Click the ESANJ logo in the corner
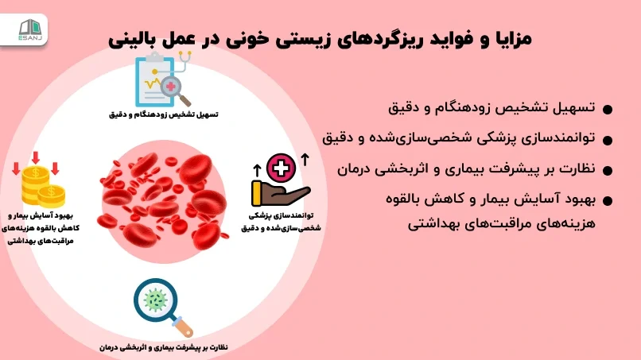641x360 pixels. [x=30, y=30]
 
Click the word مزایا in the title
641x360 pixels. [x=512, y=39]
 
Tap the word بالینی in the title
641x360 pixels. [x=129, y=39]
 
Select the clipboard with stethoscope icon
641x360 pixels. [x=164, y=79]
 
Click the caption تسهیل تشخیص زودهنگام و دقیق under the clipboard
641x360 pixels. [x=164, y=114]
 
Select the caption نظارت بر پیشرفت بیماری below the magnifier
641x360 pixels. [x=164, y=348]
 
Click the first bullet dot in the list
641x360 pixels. [x=607, y=110]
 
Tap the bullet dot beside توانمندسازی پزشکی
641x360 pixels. [x=607, y=140]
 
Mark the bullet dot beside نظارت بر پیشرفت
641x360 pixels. [x=607, y=170]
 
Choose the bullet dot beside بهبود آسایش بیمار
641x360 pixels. [x=607, y=200]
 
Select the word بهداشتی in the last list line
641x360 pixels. [x=429, y=224]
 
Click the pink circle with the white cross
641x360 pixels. [x=282, y=168]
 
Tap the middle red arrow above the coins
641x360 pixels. [x=36, y=157]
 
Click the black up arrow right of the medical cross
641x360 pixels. [x=305, y=160]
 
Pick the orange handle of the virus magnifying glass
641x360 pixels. [x=183, y=327]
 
